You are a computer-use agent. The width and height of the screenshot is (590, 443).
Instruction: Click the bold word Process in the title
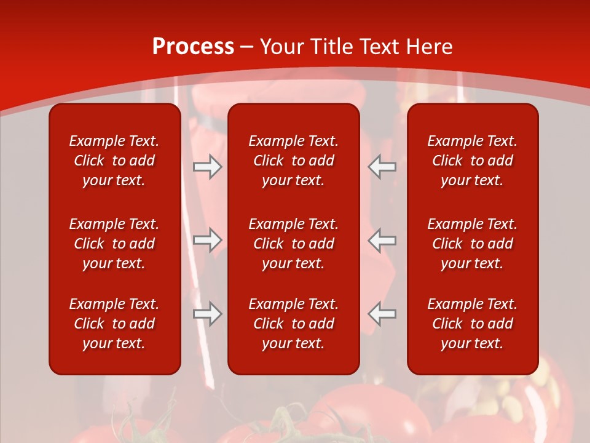(x=193, y=47)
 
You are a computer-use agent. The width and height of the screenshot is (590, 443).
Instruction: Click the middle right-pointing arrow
(x=208, y=241)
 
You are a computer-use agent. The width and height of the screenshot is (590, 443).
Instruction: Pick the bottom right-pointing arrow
(x=208, y=314)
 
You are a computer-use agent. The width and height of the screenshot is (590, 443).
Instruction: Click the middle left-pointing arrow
(x=382, y=241)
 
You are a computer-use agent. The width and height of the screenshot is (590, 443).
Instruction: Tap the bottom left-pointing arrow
(x=382, y=314)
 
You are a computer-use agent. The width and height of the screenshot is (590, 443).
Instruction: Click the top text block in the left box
(x=114, y=161)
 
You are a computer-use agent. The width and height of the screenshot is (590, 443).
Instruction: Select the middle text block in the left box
(x=114, y=244)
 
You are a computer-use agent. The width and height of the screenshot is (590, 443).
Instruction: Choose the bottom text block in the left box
(x=114, y=324)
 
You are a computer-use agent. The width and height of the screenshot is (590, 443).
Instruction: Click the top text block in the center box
(x=293, y=161)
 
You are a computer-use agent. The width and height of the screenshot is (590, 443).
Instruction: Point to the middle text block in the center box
(x=293, y=244)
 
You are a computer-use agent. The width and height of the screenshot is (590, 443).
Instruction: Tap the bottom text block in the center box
(x=293, y=324)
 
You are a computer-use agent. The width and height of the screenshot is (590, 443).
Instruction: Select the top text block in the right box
(x=472, y=161)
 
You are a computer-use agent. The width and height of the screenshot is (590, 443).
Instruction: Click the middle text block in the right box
(x=472, y=244)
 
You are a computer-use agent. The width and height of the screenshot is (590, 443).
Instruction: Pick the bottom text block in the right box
(x=472, y=324)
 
